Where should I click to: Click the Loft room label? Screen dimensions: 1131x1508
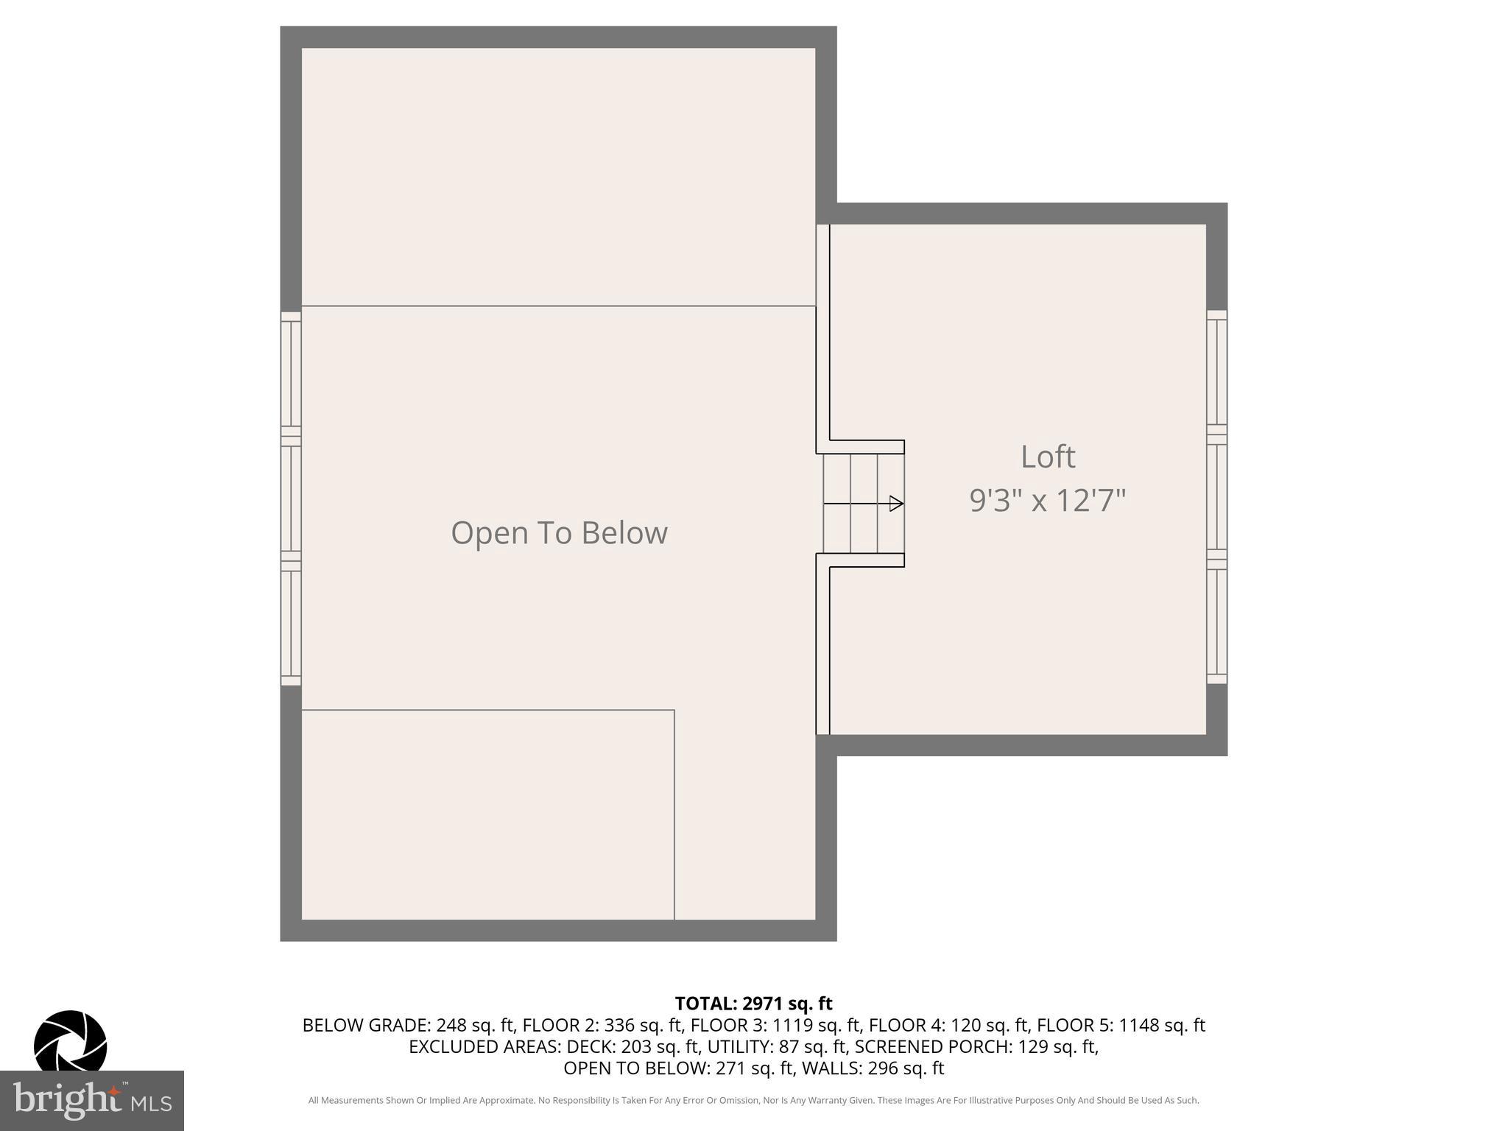click(x=1047, y=457)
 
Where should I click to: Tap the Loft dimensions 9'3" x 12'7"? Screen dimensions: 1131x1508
click(x=1047, y=501)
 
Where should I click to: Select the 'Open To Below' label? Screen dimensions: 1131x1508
click(x=559, y=532)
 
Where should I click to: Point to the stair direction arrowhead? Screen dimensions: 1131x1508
click(x=896, y=504)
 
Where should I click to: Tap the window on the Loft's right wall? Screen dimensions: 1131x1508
click(x=1216, y=497)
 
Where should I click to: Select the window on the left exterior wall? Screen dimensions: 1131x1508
click(x=291, y=498)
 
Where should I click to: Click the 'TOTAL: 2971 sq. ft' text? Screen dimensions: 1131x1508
click(x=753, y=1003)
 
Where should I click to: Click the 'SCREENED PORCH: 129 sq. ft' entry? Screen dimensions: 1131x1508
click(x=976, y=1046)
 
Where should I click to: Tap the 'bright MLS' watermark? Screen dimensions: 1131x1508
click(x=92, y=1101)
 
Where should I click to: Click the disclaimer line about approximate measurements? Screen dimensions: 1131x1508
click(x=753, y=1100)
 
